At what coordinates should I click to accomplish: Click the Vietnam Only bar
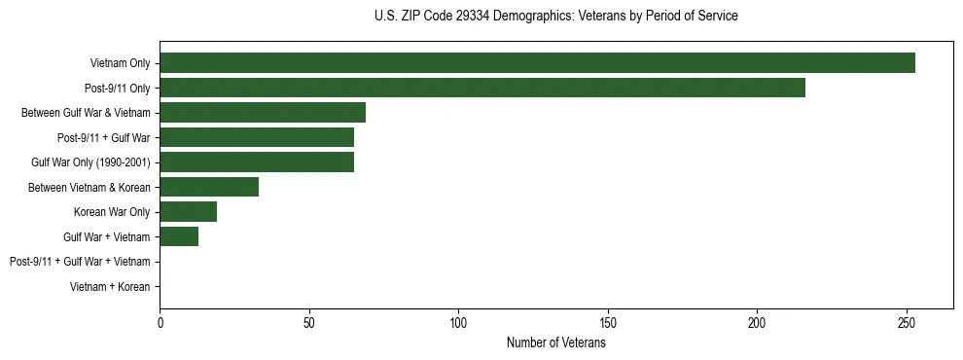(537, 63)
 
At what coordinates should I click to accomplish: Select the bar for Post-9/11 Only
(482, 88)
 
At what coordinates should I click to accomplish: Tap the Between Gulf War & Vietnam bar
(263, 112)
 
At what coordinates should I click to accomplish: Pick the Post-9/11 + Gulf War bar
(257, 137)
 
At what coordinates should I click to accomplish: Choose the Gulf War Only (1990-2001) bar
(257, 162)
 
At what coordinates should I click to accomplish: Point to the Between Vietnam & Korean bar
(209, 187)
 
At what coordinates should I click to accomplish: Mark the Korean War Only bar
(188, 211)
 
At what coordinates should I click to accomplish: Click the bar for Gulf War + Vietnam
(179, 236)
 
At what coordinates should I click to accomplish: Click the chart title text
(555, 17)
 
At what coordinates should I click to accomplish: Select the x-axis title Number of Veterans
(555, 343)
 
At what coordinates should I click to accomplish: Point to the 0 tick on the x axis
(160, 321)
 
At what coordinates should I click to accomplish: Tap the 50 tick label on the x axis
(309, 321)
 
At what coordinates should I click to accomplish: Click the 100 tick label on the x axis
(458, 321)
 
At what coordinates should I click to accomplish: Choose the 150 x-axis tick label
(608, 321)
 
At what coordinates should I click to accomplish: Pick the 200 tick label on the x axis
(757, 321)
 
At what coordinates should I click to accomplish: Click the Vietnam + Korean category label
(110, 287)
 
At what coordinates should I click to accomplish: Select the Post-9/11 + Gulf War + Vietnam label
(80, 262)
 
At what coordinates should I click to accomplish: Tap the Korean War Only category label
(112, 212)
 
